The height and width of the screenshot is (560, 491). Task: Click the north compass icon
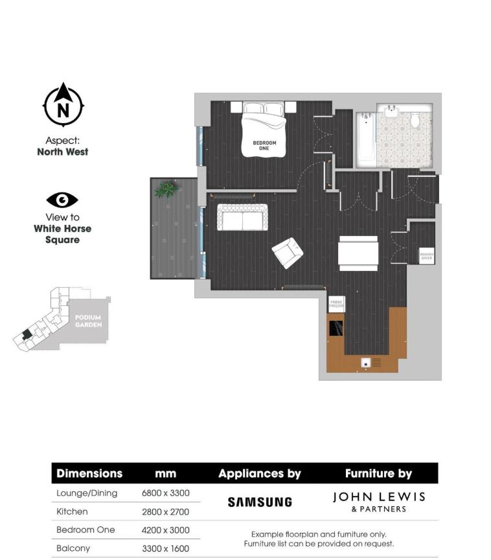[x=63, y=105]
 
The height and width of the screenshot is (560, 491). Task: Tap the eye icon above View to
[x=62, y=200]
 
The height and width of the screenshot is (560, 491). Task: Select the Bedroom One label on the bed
[x=264, y=145]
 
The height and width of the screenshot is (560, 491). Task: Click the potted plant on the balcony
[x=166, y=189]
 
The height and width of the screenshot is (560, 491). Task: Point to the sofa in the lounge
[x=242, y=217]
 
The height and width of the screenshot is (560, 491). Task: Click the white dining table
[x=358, y=253]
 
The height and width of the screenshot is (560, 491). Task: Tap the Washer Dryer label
[x=426, y=255]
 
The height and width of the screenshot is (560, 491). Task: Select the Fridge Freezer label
[x=336, y=303]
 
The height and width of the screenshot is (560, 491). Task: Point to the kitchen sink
[x=367, y=364]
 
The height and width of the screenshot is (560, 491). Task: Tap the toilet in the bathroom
[x=415, y=120]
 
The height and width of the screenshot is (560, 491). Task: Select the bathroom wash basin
[x=392, y=111]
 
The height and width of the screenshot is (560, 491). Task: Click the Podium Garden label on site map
[x=88, y=321]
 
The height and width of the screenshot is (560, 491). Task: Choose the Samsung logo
[x=260, y=502]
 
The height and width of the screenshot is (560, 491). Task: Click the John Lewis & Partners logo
[x=379, y=501]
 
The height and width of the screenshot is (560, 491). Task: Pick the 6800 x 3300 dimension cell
[x=165, y=493]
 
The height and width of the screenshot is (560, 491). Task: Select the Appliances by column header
[x=260, y=474]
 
